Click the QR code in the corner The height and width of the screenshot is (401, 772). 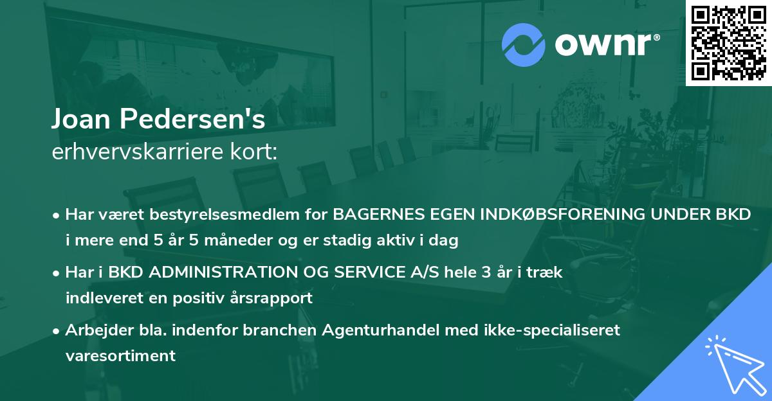(729, 42)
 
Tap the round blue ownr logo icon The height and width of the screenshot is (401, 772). (524, 44)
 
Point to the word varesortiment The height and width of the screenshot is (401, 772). (120, 356)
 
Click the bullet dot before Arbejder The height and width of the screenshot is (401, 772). (57, 331)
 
